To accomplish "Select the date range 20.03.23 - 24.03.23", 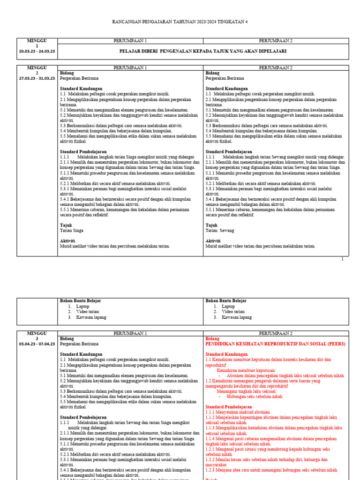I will (x=37, y=52).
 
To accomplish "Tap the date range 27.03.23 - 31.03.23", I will (x=37, y=78).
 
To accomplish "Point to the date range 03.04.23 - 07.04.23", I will (x=37, y=344).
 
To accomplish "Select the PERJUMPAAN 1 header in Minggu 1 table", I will (x=130, y=41).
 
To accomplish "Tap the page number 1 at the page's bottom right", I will (x=342, y=259).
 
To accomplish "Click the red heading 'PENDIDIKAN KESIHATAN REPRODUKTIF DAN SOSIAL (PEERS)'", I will (x=275, y=344).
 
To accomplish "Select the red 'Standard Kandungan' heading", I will (x=227, y=354).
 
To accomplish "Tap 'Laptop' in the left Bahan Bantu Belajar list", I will (x=82, y=306).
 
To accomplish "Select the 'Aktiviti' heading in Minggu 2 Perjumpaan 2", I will (x=214, y=240).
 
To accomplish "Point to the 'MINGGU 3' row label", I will (x=37, y=336).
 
